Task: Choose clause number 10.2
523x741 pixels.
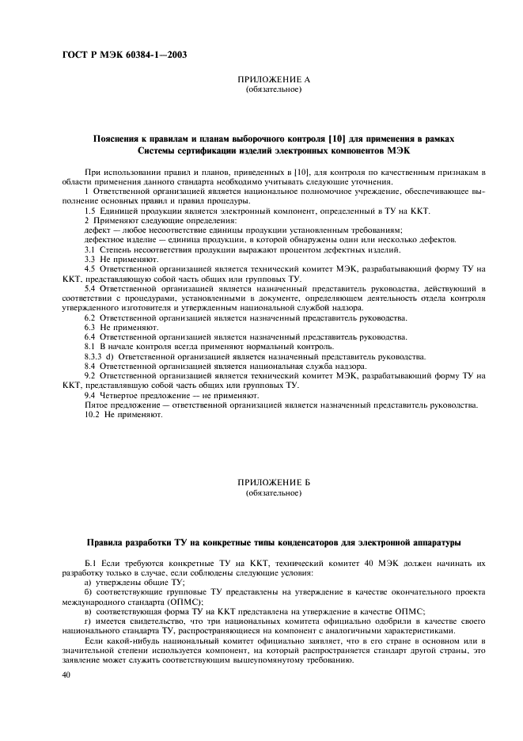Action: pos(92,414)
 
